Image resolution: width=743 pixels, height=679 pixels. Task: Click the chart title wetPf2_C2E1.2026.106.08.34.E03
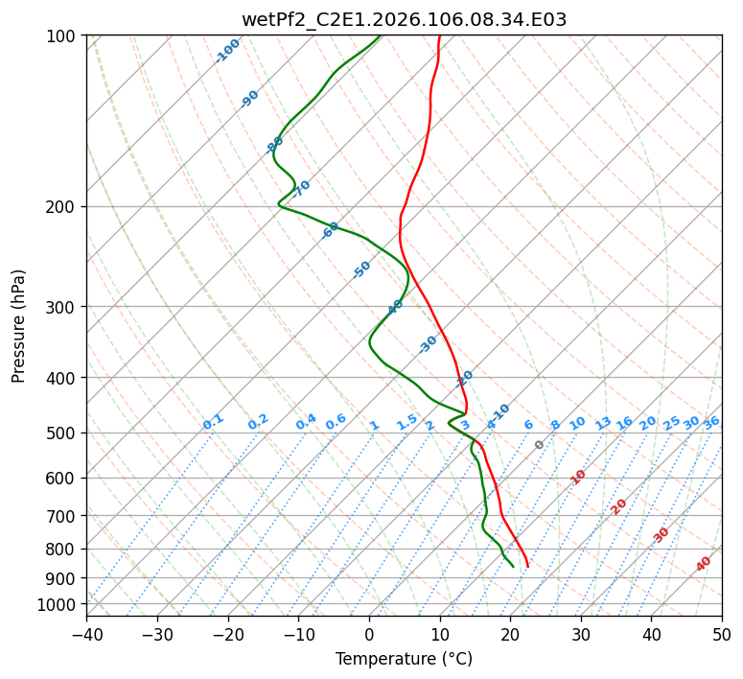pos(404,19)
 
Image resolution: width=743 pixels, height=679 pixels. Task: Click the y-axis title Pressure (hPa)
pos(19,326)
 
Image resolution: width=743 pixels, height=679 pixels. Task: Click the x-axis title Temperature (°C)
pos(404,659)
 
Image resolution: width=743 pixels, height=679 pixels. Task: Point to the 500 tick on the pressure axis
pos(63,433)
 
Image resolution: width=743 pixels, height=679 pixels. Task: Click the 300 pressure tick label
pos(63,307)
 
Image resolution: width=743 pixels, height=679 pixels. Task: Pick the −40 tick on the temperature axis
pos(86,634)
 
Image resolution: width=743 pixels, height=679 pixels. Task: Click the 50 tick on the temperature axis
pos(722,634)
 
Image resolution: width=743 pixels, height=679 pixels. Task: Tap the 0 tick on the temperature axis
pos(369,634)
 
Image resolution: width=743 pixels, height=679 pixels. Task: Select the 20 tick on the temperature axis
pos(510,634)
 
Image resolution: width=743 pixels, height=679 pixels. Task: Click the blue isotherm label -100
pos(227,51)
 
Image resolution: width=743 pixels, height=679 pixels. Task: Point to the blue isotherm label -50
pos(361,269)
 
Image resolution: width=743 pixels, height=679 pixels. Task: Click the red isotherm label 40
pos(704,564)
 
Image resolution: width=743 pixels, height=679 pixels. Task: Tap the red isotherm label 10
pos(578,477)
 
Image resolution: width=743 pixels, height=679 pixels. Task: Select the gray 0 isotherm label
pos(539,445)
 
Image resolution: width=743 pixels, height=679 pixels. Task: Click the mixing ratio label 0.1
pos(213,421)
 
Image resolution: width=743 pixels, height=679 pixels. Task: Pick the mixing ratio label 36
pos(711,422)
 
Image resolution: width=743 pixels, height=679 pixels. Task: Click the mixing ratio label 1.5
pos(406,421)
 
